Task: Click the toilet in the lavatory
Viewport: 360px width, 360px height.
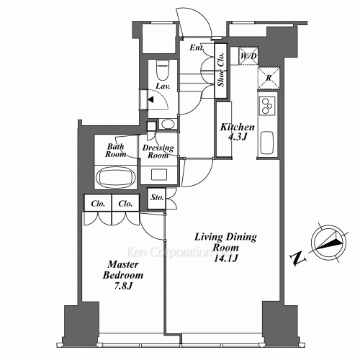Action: [163, 70]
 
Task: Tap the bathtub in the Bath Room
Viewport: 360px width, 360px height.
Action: [114, 177]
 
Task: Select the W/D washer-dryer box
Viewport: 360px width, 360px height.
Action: [248, 56]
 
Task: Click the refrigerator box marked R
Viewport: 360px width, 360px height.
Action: [269, 78]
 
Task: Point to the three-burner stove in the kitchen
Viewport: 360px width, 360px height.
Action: [267, 106]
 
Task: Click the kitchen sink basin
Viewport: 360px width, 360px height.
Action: [267, 143]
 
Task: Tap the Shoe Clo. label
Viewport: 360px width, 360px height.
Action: [221, 70]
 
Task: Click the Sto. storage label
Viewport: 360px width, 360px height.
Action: [157, 197]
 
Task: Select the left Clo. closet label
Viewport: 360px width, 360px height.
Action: [98, 204]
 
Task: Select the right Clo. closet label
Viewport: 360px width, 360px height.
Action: [125, 204]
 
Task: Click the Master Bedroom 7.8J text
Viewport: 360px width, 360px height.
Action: [123, 275]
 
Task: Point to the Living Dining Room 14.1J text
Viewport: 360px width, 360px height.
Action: [225, 247]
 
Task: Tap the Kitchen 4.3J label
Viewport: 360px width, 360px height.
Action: [238, 132]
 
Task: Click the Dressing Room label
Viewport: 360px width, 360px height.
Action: [158, 151]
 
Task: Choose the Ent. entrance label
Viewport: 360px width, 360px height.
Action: [197, 48]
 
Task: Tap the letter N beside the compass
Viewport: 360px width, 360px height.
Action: [298, 258]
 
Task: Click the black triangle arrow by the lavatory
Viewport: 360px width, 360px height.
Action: [150, 99]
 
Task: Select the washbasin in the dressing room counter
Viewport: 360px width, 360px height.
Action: [159, 174]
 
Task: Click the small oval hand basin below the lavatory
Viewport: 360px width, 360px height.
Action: [167, 124]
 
